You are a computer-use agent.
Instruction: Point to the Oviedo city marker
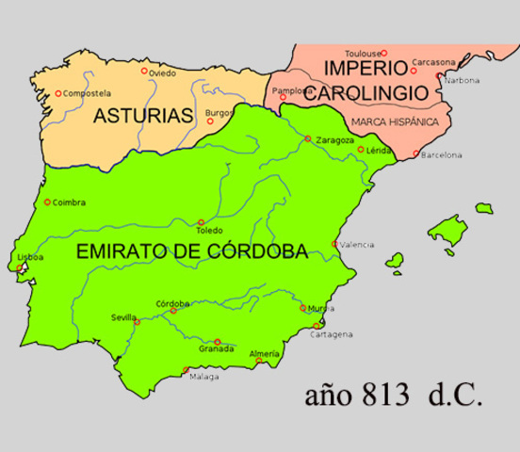144,71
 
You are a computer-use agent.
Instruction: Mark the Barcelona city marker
416,153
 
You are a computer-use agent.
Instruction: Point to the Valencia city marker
335,244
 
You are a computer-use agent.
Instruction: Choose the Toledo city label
209,231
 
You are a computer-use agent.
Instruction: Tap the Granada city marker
218,341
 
